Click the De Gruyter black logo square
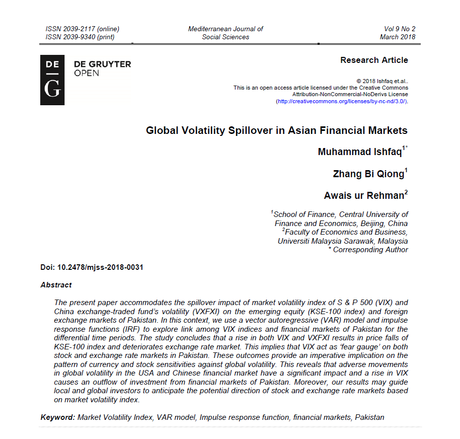tap(52, 80)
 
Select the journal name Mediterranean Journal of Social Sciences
tap(225, 33)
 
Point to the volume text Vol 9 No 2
tap(400, 29)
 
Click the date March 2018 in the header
tap(398, 37)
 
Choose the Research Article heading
tap(374, 60)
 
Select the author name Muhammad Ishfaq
tap(359, 152)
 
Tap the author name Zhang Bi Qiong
tap(368, 174)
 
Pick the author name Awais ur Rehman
tap(363, 196)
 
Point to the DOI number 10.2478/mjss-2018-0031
tap(100, 267)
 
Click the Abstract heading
tap(56, 285)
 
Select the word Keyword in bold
tap(57, 417)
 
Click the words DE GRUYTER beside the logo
tap(102, 64)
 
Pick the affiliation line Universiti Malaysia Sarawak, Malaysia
tap(343, 241)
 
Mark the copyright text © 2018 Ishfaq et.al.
tap(382, 81)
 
